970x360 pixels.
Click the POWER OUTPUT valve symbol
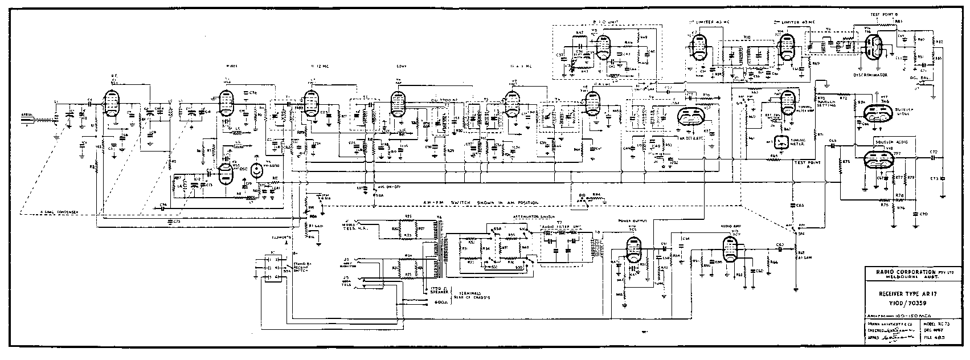(632, 249)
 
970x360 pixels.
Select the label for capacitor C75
(177, 220)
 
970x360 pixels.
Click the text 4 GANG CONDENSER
(60, 211)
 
